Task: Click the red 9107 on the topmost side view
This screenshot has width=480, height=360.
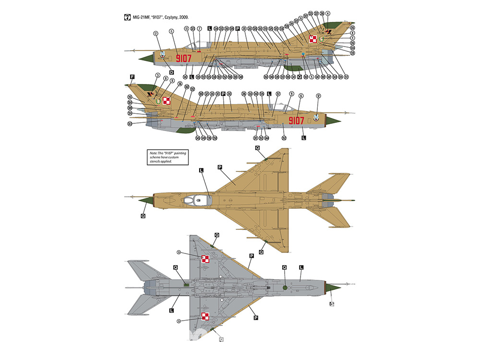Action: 184,59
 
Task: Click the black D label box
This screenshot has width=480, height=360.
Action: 171,72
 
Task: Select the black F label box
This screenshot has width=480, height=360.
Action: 132,76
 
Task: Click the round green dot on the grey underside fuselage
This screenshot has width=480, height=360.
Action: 285,287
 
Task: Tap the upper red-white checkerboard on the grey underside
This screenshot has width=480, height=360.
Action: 205,260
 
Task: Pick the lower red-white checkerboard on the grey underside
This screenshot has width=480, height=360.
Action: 205,316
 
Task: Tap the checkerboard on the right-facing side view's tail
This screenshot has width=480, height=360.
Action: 167,101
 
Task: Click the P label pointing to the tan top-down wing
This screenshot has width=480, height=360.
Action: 219,167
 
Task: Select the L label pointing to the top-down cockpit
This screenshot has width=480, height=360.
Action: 201,170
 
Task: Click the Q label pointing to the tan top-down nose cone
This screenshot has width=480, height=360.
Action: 143,216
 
